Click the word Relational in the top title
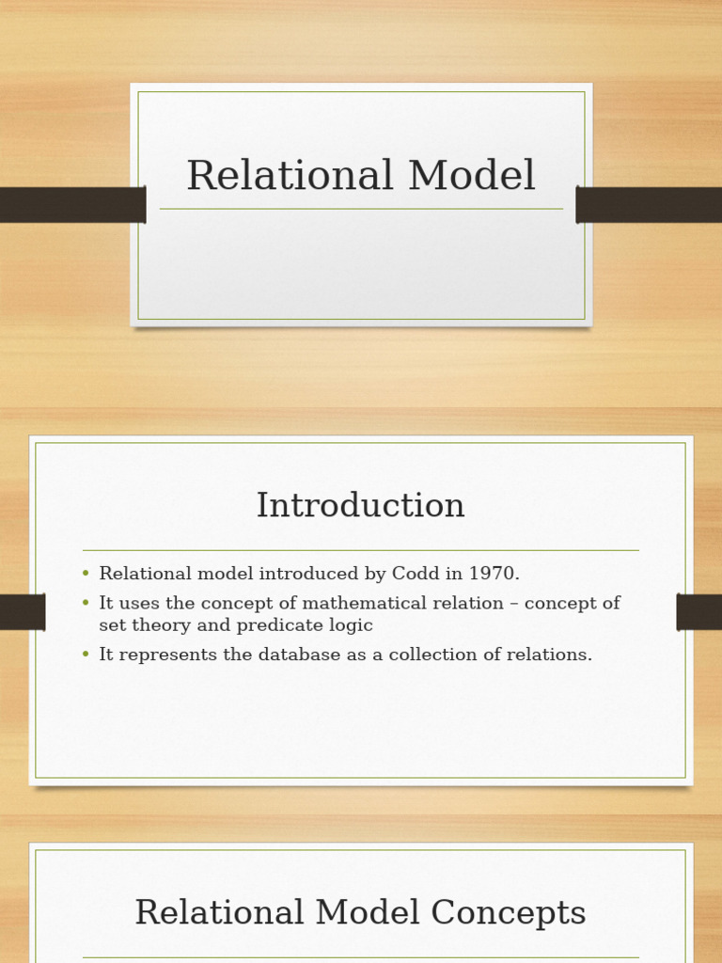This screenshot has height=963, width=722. coord(290,176)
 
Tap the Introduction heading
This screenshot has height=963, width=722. coord(361,506)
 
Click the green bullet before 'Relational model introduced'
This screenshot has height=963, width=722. coord(86,574)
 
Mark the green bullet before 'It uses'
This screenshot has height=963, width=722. coord(86,603)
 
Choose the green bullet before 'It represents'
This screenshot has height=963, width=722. coord(86,655)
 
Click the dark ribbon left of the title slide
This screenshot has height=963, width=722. coord(71,205)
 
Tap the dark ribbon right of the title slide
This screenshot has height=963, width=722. coord(649,205)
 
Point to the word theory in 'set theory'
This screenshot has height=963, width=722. coord(160,625)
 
